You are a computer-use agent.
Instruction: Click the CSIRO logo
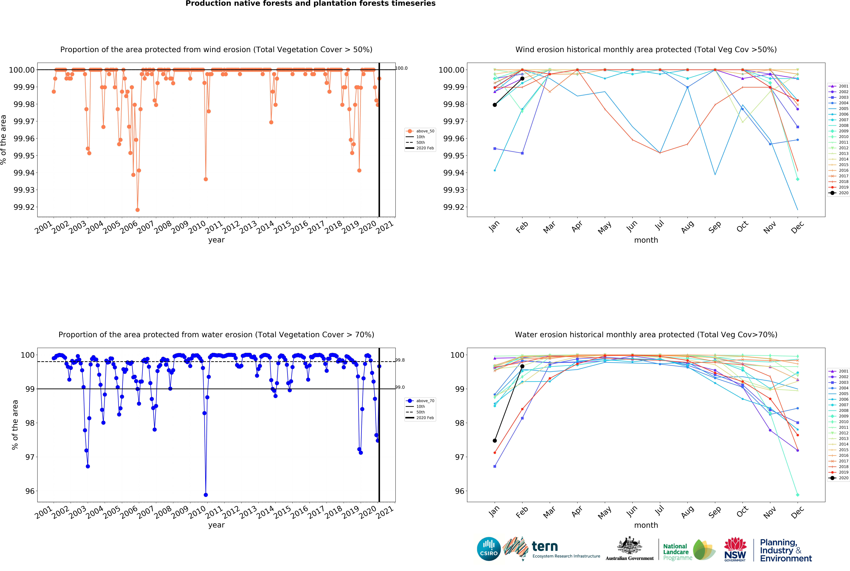[x=489, y=549]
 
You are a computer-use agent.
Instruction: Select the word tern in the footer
[x=545, y=546]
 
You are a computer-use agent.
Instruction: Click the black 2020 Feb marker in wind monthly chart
[x=522, y=79]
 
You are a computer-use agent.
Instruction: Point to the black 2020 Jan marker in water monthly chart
[x=494, y=441]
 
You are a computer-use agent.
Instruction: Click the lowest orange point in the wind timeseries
[x=137, y=210]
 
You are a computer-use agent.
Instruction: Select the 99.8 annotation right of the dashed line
[x=400, y=360]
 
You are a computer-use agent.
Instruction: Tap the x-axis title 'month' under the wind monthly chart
[x=646, y=240]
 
